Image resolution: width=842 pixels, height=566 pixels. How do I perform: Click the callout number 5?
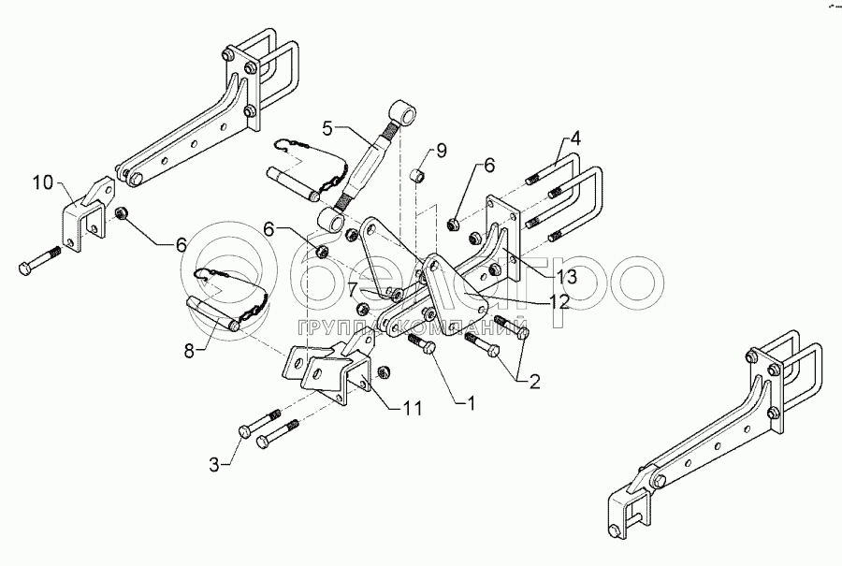[x=328, y=129]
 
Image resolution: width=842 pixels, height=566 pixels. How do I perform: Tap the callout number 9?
[x=441, y=151]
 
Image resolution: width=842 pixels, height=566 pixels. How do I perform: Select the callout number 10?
[x=43, y=182]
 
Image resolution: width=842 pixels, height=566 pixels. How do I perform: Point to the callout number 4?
[x=574, y=138]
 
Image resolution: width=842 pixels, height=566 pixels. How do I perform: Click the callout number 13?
[x=566, y=277]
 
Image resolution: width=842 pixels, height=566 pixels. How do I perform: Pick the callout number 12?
[x=559, y=302]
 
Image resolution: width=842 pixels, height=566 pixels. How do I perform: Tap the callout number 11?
[x=412, y=408]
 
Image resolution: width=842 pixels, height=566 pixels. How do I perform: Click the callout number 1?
[x=471, y=403]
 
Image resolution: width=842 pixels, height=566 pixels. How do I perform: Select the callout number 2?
[x=534, y=382]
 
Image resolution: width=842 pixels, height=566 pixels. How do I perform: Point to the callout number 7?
[x=353, y=290]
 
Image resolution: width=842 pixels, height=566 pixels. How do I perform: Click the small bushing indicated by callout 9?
[x=418, y=175]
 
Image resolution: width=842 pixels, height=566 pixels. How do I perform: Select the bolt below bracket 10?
[x=40, y=260]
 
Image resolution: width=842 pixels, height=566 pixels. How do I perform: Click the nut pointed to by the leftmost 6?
[x=122, y=213]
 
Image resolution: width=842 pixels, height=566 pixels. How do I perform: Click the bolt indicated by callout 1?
[x=423, y=345]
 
